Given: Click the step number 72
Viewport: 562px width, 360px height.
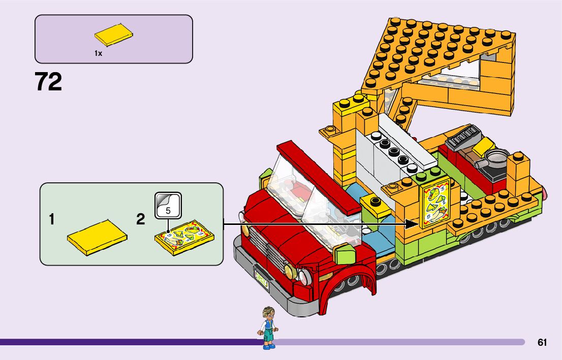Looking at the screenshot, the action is pyautogui.click(x=49, y=82).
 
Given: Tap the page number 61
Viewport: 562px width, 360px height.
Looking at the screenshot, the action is pyautogui.click(x=542, y=342).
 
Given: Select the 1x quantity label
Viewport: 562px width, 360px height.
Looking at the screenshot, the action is pyautogui.click(x=98, y=53).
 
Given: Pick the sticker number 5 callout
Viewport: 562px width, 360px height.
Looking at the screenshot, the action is pyautogui.click(x=168, y=206).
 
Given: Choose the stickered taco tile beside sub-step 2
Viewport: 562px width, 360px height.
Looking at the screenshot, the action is pyautogui.click(x=184, y=237).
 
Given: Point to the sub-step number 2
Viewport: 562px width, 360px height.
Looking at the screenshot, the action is pyautogui.click(x=141, y=220).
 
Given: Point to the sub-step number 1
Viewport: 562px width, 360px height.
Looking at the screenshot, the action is pyautogui.click(x=51, y=220).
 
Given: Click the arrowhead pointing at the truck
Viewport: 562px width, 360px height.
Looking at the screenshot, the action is pyautogui.click(x=411, y=223).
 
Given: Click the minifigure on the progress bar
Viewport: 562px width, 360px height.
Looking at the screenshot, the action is pyautogui.click(x=268, y=328).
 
